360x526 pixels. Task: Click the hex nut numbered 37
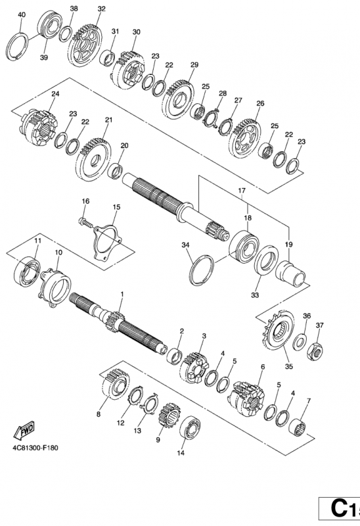coord(315,351)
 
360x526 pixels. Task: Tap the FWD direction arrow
coord(24,430)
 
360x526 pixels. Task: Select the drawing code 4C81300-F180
coord(35,448)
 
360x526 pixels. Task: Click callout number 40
coord(21,14)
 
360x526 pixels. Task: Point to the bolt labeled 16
coord(86,222)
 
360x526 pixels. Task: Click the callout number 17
coord(242,191)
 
